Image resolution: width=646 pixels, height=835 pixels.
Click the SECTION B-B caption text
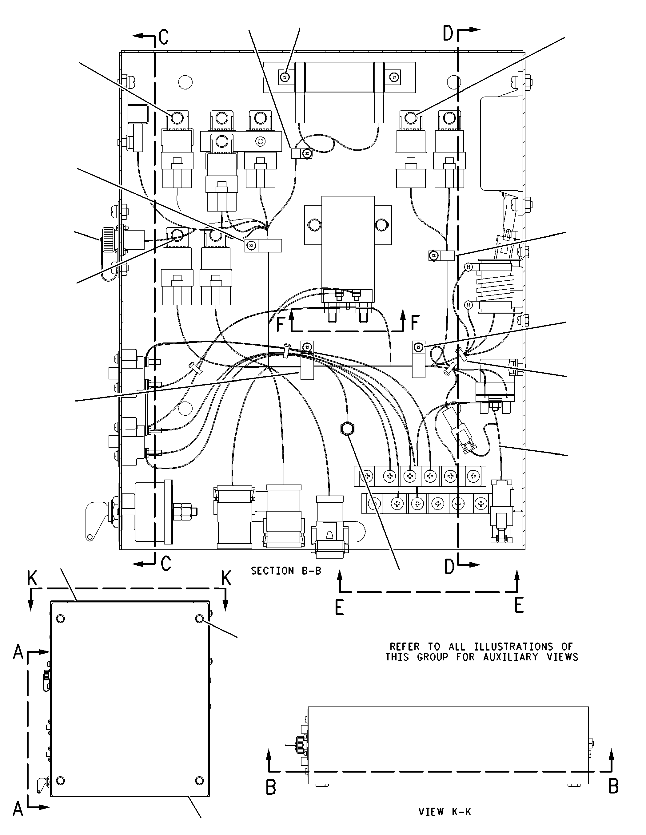pos(286,571)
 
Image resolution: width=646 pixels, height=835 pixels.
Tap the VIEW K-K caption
pos(445,811)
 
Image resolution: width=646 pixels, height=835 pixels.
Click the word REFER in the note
pos(404,647)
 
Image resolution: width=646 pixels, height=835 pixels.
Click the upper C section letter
pos(164,37)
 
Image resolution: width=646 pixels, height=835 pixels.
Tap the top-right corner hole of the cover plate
pos(199,619)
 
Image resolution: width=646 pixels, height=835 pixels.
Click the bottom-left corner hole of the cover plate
pos(60,780)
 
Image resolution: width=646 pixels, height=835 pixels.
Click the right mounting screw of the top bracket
pos(394,77)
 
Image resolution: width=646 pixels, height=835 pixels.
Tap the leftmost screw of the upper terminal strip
pos(367,477)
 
